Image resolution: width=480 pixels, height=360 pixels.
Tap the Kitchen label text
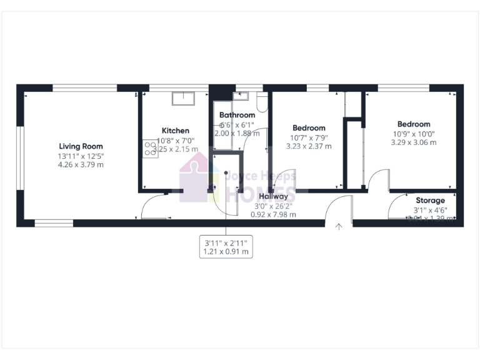pyautogui.click(x=176, y=131)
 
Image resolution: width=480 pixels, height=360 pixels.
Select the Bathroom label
pyautogui.click(x=237, y=115)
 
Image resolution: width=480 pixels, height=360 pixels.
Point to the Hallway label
pyautogui.click(x=274, y=196)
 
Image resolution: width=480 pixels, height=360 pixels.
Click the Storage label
pyautogui.click(x=430, y=201)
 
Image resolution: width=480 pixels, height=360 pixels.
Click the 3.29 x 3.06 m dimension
pyautogui.click(x=414, y=142)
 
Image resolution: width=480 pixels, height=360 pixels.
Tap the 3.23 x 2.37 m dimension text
pyautogui.click(x=309, y=146)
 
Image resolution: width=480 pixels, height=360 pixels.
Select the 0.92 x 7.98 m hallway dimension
pyautogui.click(x=274, y=214)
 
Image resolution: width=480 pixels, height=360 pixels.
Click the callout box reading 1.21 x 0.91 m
pyautogui.click(x=226, y=247)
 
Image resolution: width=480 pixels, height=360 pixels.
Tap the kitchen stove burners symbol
pyautogui.click(x=151, y=147)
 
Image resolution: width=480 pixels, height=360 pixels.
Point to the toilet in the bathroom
pyautogui.click(x=262, y=101)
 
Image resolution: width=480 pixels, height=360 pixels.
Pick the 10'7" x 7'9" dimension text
pyautogui.click(x=309, y=137)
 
